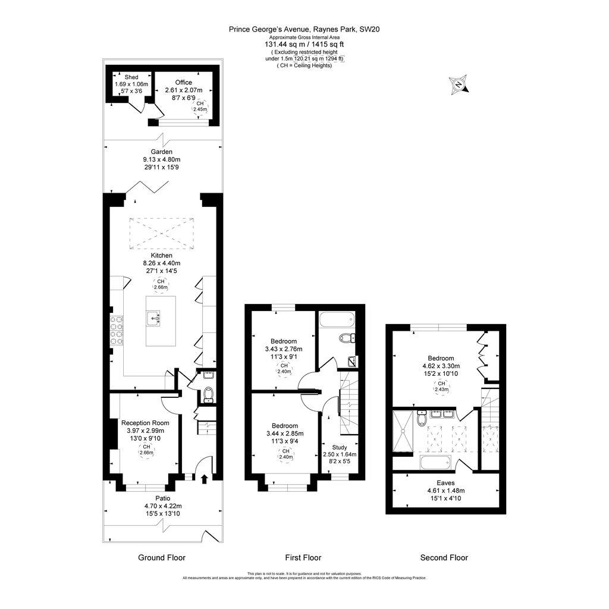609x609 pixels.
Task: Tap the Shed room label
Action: point(131,77)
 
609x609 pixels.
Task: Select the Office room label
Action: point(183,82)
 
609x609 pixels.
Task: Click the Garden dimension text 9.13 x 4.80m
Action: point(161,159)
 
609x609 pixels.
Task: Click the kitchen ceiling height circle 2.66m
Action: point(161,284)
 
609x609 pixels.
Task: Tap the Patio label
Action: point(162,498)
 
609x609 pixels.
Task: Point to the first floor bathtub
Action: point(335,322)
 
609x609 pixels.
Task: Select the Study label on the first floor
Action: point(340,447)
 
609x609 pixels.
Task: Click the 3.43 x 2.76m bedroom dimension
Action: point(283,349)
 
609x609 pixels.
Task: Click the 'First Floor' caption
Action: point(303,557)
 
